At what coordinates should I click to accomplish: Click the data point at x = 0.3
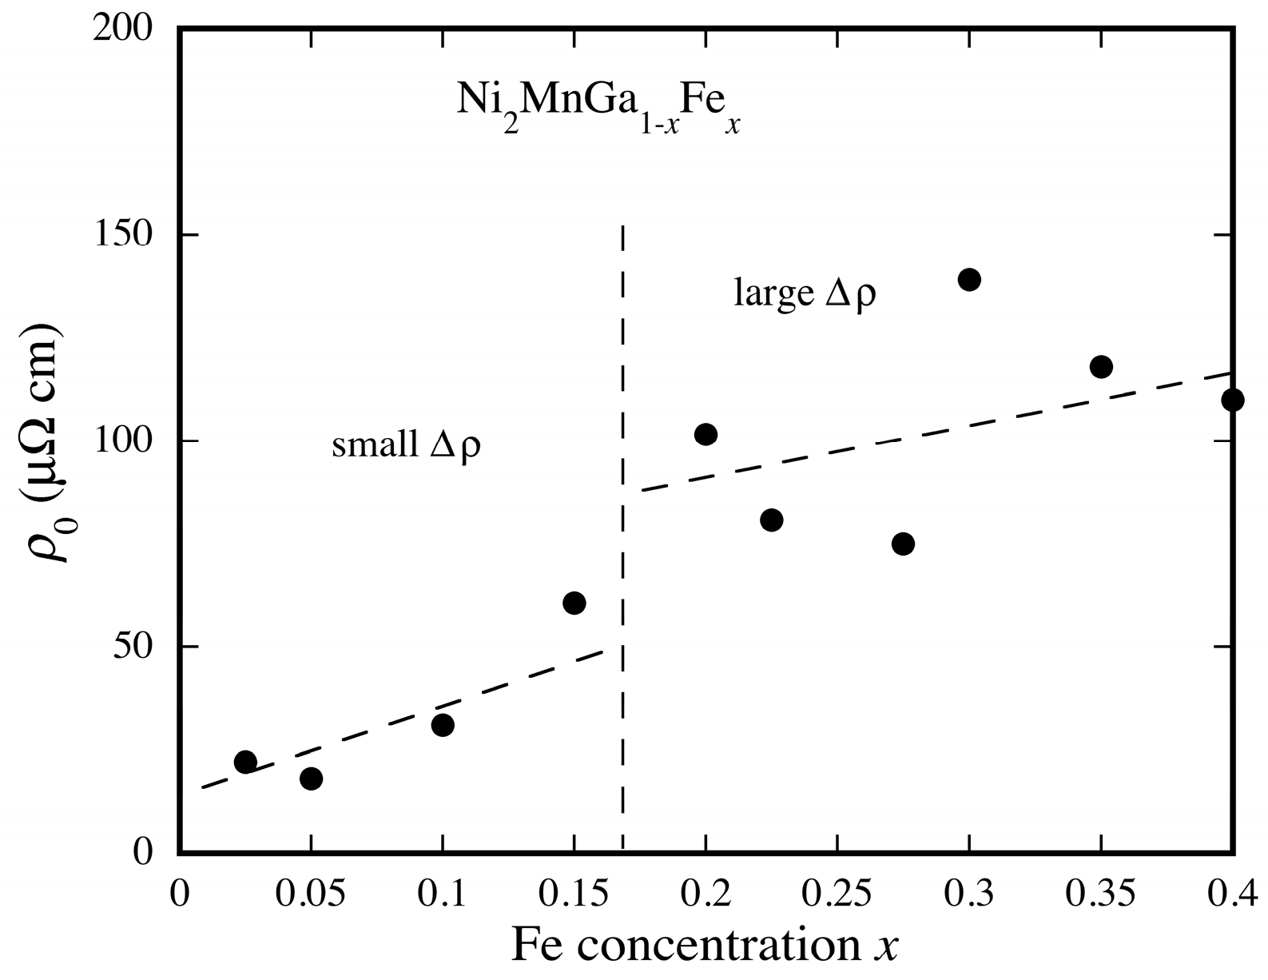969,280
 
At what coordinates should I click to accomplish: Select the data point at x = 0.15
574,603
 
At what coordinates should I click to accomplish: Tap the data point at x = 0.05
311,778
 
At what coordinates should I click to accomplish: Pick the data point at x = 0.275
903,544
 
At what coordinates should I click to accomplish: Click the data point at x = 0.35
1101,367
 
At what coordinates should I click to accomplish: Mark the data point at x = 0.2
706,435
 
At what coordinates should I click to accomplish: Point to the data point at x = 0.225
771,520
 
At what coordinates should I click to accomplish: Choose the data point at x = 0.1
443,725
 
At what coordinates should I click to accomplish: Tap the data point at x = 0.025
245,761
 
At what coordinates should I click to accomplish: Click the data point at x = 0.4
1232,400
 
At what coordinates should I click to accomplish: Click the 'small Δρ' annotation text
406,444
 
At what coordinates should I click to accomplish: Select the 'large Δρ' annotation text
805,294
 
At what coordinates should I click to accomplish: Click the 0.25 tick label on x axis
837,894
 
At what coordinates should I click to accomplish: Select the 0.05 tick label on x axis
311,894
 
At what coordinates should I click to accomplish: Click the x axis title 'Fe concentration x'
705,946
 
